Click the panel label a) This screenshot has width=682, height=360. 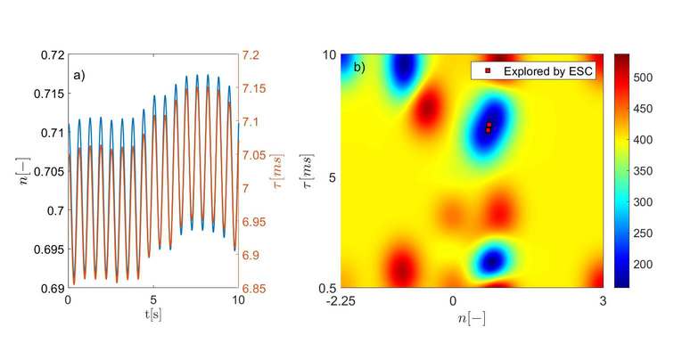click(x=79, y=74)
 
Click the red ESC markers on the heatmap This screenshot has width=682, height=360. click(x=489, y=127)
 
